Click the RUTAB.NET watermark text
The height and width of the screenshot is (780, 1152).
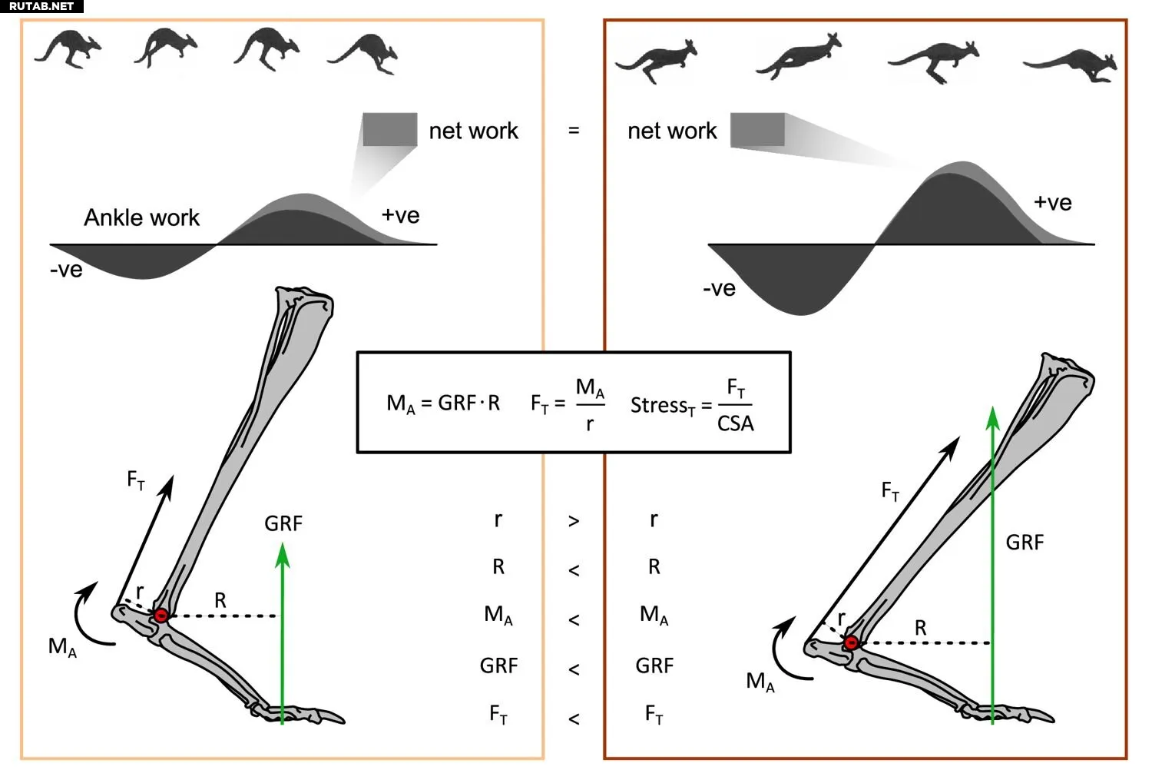[x=41, y=6]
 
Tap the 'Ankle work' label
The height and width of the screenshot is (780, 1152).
[x=141, y=218]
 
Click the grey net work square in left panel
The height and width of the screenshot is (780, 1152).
[x=389, y=129]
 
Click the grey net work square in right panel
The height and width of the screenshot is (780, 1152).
[x=757, y=129]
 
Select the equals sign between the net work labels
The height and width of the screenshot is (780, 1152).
[x=574, y=131]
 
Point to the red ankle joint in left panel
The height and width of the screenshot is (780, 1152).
[x=161, y=616]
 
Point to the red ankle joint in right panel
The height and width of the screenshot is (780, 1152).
[x=851, y=642]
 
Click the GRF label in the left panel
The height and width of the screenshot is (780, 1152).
[x=283, y=524]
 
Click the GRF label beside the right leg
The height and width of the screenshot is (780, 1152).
[x=1025, y=543]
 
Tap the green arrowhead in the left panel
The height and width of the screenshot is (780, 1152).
[x=283, y=555]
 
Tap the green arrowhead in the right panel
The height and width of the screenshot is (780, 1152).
[x=992, y=418]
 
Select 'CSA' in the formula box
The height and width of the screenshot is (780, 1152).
[x=735, y=423]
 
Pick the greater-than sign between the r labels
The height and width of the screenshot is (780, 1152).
[x=574, y=522]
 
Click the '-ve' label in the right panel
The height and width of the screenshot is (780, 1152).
[x=719, y=289]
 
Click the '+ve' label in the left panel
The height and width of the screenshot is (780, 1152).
[x=400, y=215]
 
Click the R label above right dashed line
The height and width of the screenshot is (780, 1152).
[x=920, y=628]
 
